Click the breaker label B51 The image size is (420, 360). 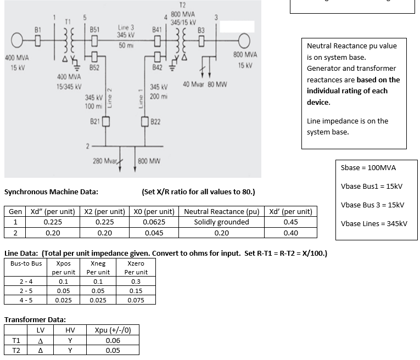pos(94,29)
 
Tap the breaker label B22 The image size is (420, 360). pos(155,121)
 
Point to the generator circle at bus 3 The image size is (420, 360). pos(242,40)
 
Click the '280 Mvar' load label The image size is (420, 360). pos(105,161)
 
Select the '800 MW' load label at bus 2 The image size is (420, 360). pos(149,161)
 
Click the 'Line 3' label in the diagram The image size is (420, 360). pos(126,27)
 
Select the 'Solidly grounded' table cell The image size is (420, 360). pos(221,222)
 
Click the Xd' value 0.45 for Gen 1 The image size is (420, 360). pos(290,222)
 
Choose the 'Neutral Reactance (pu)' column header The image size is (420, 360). pos(221,211)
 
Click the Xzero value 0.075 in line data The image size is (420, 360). pos(136,300)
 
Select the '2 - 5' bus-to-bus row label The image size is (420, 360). pos(25,291)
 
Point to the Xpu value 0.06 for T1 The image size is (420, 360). pos(112,340)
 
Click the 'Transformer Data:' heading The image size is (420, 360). pos(35,319)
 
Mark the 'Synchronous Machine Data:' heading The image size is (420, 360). pos(51,192)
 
